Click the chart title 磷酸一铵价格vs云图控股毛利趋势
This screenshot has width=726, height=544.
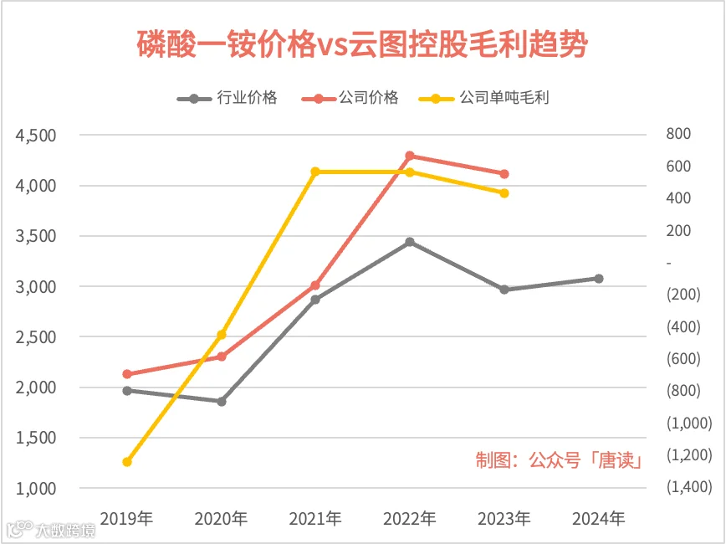[362, 44]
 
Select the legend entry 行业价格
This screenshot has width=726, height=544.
[227, 98]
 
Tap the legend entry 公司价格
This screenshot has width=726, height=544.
[350, 98]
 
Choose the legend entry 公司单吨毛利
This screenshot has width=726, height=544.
[483, 98]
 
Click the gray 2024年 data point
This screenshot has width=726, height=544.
[599, 279]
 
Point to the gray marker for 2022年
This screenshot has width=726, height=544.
[410, 242]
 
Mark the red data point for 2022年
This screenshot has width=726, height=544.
[410, 156]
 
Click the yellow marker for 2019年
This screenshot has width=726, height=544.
[127, 461]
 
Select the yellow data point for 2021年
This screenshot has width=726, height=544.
[315, 172]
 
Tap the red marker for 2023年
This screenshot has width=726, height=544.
[504, 174]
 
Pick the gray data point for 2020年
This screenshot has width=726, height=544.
[222, 401]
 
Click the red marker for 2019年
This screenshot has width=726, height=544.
[127, 374]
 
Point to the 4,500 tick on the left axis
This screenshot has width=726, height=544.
[36, 136]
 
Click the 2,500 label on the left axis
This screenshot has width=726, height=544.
[36, 337]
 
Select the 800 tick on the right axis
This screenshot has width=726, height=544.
[678, 134]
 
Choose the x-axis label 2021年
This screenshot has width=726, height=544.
[315, 519]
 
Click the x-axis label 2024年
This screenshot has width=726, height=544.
[599, 519]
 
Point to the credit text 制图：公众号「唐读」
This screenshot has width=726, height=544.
[560, 460]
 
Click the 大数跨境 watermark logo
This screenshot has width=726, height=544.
[51, 530]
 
